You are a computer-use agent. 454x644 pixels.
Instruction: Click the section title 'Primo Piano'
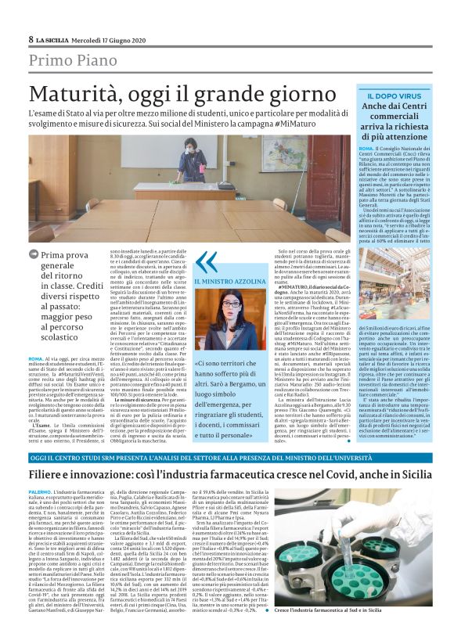pyautogui.click(x=71, y=60)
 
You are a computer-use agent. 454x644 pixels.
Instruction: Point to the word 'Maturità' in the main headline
pyautogui.click(x=82, y=93)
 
